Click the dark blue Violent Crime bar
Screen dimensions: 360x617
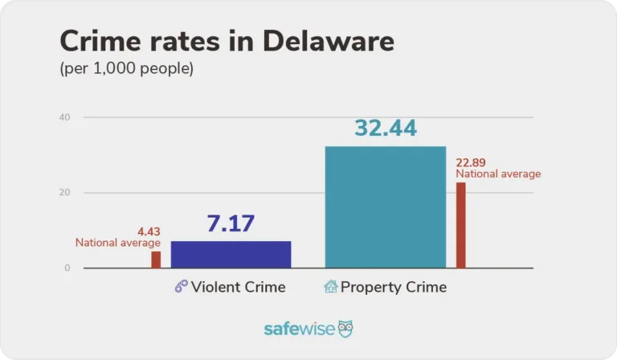click(x=231, y=254)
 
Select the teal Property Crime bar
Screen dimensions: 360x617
click(x=385, y=207)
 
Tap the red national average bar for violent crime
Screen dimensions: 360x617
click(x=156, y=260)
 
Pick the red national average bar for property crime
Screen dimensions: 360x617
click(x=460, y=225)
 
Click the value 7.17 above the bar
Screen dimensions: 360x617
click(x=231, y=224)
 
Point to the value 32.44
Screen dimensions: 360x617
click(x=385, y=128)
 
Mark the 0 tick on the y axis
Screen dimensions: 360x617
click(x=67, y=268)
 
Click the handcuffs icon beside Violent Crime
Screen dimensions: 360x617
click(x=182, y=287)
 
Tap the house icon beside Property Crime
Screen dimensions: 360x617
click(x=330, y=287)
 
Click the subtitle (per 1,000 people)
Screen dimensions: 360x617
click(x=127, y=69)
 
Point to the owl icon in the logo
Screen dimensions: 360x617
click(x=345, y=329)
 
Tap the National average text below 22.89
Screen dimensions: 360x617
click(x=498, y=174)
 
